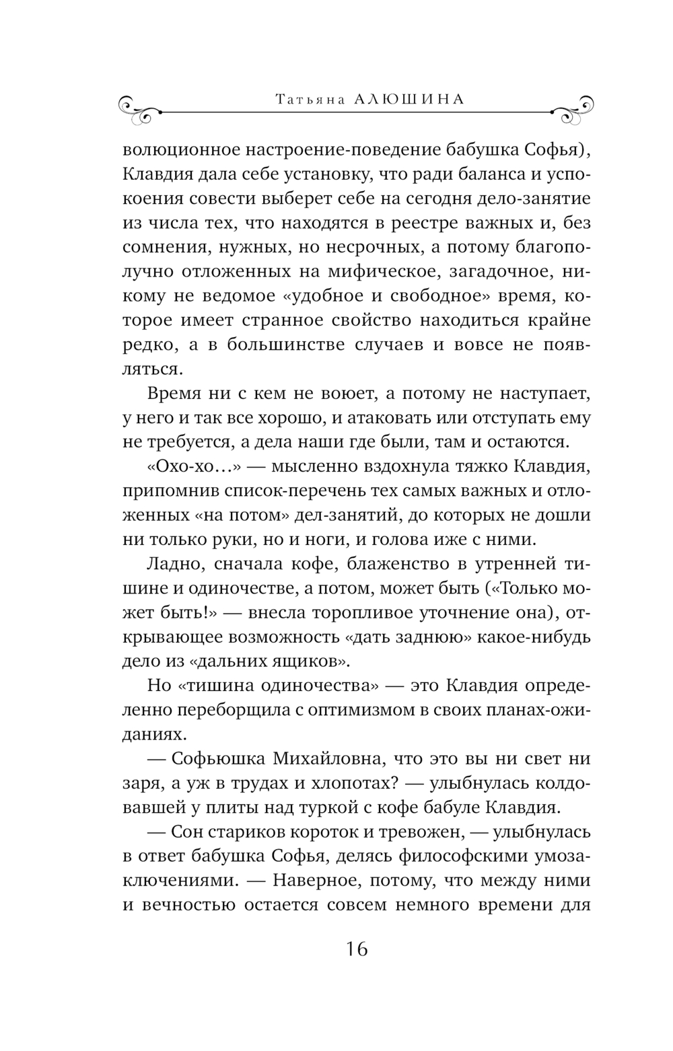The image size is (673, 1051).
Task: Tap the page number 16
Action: [357, 949]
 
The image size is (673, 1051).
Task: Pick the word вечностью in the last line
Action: [196, 905]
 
